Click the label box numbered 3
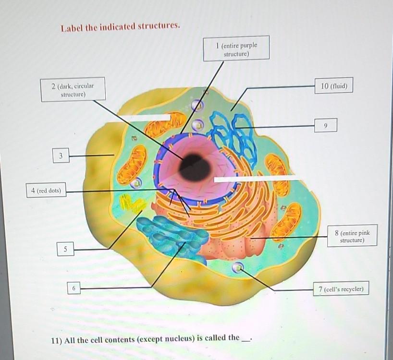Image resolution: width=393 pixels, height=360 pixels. tap(61, 156)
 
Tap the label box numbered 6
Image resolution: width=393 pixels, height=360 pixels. tap(74, 288)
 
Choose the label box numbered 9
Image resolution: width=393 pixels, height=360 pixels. tap(326, 125)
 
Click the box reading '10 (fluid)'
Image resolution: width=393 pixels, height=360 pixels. tap(334, 86)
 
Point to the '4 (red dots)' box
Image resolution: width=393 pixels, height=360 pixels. tap(46, 191)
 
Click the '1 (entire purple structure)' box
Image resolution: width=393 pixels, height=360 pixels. tap(236, 48)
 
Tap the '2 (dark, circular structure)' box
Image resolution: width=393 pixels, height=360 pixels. tap(73, 90)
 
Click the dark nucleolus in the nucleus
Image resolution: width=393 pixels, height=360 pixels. tap(195, 167)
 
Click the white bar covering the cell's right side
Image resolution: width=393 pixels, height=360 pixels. tap(257, 179)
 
